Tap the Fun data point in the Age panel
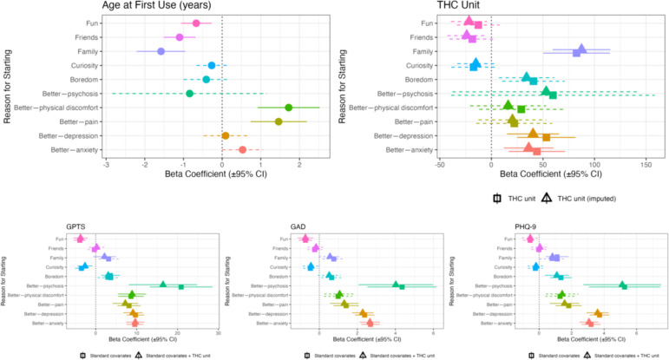click(196, 23)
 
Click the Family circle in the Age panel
click(161, 51)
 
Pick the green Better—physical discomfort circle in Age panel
click(289, 108)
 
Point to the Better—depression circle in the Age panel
click(226, 135)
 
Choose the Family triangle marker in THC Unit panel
click(581, 49)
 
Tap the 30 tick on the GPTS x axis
click(218, 333)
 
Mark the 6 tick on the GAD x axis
click(434, 333)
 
